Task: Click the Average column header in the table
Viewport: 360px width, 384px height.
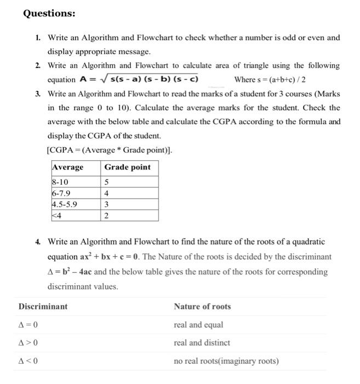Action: pyautogui.click(x=68, y=167)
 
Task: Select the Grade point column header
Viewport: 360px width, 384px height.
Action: pyautogui.click(x=127, y=167)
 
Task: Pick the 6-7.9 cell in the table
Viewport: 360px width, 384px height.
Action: pyautogui.click(x=61, y=194)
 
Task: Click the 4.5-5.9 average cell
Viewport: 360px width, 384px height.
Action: pyautogui.click(x=65, y=205)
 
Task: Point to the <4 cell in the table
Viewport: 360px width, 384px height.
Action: pyautogui.click(x=58, y=216)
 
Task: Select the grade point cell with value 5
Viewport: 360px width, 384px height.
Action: pyautogui.click(x=106, y=183)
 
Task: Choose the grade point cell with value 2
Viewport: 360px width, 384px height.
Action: pyautogui.click(x=106, y=216)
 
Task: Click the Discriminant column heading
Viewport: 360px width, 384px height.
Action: pyautogui.click(x=43, y=307)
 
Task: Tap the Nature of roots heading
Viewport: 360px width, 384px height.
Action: pyautogui.click(x=202, y=307)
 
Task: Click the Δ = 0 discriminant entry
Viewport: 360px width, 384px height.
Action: pyautogui.click(x=28, y=325)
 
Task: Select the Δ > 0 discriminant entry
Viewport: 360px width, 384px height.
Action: pyautogui.click(x=28, y=343)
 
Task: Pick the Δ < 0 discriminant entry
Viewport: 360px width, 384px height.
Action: pyautogui.click(x=28, y=361)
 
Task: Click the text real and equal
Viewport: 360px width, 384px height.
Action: pyautogui.click(x=198, y=325)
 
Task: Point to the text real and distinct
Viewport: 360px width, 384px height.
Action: pyautogui.click(x=202, y=343)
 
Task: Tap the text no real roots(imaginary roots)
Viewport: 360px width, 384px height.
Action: pyautogui.click(x=226, y=361)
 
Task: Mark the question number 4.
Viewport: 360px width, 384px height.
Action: pyautogui.click(x=37, y=241)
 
